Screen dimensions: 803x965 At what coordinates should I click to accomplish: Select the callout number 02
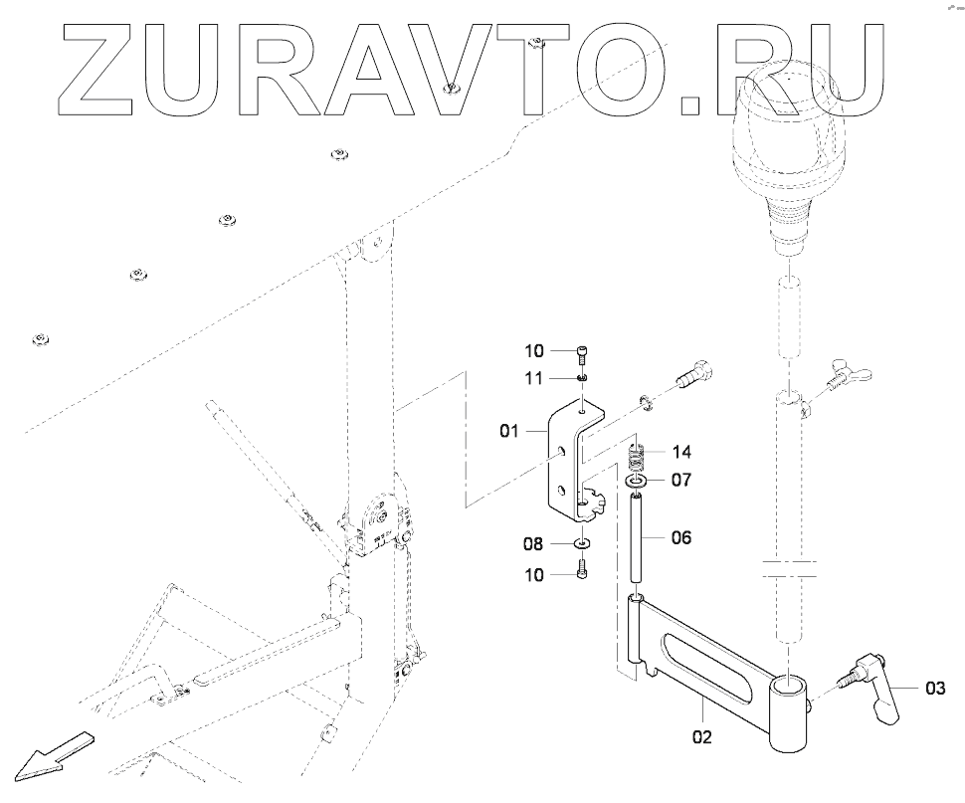pyautogui.click(x=702, y=737)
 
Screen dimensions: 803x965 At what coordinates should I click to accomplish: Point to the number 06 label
pyautogui.click(x=680, y=537)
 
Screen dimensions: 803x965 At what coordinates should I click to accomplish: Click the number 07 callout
pyautogui.click(x=680, y=480)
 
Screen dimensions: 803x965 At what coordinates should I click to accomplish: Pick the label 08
pyautogui.click(x=534, y=545)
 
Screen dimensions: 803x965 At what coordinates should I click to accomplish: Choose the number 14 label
pyautogui.click(x=680, y=450)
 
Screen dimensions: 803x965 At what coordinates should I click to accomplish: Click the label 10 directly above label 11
pyautogui.click(x=534, y=350)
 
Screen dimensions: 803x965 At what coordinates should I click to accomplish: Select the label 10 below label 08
pyautogui.click(x=534, y=574)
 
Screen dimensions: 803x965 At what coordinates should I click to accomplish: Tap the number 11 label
pyautogui.click(x=534, y=378)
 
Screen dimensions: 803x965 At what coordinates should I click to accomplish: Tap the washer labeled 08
pyautogui.click(x=582, y=545)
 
